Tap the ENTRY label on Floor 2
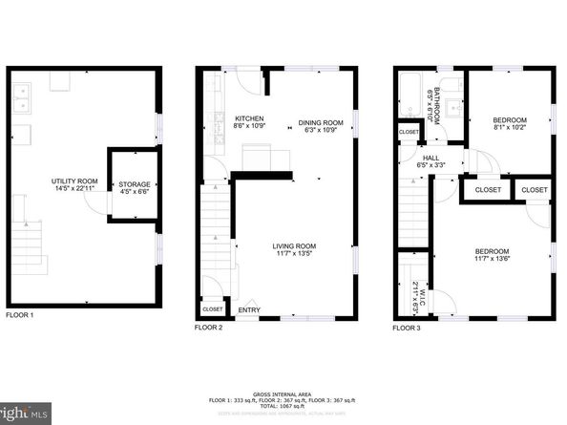tap(248, 309)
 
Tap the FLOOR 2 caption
tap(208, 328)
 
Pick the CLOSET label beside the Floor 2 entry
tap(212, 309)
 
